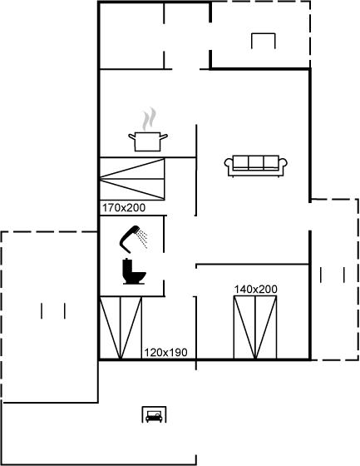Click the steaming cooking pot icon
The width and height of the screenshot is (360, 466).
[148, 130]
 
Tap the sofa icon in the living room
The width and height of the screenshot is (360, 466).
[256, 166]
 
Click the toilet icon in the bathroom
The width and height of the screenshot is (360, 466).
[134, 271]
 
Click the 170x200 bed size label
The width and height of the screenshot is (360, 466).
[124, 208]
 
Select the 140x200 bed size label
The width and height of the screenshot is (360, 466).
[256, 290]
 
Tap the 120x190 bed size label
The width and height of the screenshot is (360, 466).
[165, 353]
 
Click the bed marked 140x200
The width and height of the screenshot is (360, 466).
[255, 327]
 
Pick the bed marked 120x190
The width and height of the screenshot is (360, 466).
[121, 328]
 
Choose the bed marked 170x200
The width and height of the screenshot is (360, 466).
[132, 179]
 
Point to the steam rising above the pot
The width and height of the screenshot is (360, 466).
[149, 119]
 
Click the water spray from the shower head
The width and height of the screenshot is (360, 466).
[144, 238]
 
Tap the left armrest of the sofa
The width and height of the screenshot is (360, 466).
[229, 167]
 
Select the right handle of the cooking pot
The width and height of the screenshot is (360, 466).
[164, 136]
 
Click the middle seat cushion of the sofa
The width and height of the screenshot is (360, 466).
[256, 162]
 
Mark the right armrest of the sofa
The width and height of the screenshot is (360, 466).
[283, 167]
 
